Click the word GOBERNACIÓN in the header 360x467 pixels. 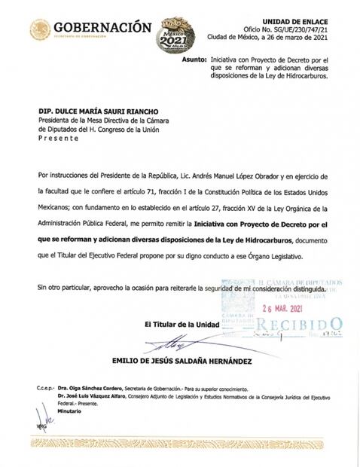coord(102,28)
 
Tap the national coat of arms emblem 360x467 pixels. coord(41,30)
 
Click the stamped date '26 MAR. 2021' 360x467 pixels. coord(286,308)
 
